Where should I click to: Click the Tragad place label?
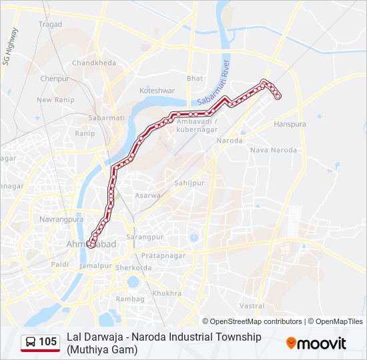[50, 25]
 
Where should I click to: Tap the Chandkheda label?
[94, 63]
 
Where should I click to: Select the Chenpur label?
[55, 78]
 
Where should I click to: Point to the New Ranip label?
[54, 100]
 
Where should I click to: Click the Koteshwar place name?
[157, 90]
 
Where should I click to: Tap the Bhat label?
[195, 78]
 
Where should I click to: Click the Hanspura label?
[290, 124]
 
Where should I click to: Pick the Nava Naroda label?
[274, 150]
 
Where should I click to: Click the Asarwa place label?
[148, 195]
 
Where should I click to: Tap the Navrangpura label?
[61, 219]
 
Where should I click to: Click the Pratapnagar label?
[163, 255]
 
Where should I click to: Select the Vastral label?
[252, 305]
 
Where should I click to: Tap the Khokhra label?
[167, 293]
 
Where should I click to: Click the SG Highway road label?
[11, 47]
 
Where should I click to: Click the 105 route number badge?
[40, 342]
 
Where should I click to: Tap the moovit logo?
[316, 343]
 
